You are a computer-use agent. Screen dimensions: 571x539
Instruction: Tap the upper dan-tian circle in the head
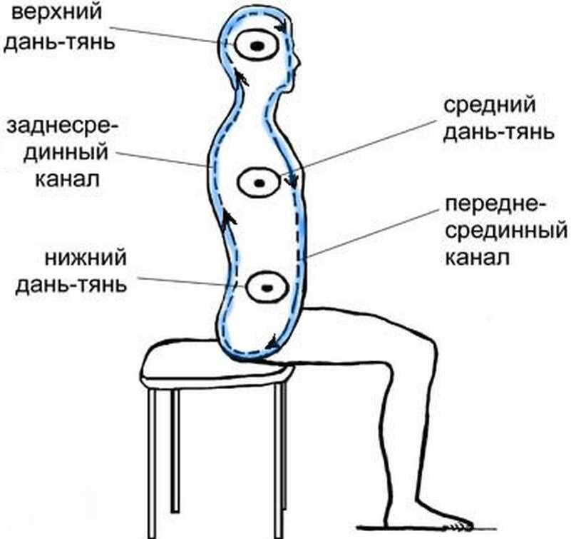tap(256, 47)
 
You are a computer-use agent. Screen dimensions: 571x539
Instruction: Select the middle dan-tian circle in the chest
tap(259, 183)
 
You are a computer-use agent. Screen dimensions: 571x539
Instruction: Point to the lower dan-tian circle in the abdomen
tap(267, 288)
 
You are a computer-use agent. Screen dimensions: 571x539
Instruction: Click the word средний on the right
tap(489, 107)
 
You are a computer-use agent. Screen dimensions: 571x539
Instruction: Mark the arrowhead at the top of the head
tap(284, 25)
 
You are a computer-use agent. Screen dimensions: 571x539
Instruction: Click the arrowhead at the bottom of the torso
tap(272, 345)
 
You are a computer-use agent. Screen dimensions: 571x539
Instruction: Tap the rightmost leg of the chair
tap(282, 457)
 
